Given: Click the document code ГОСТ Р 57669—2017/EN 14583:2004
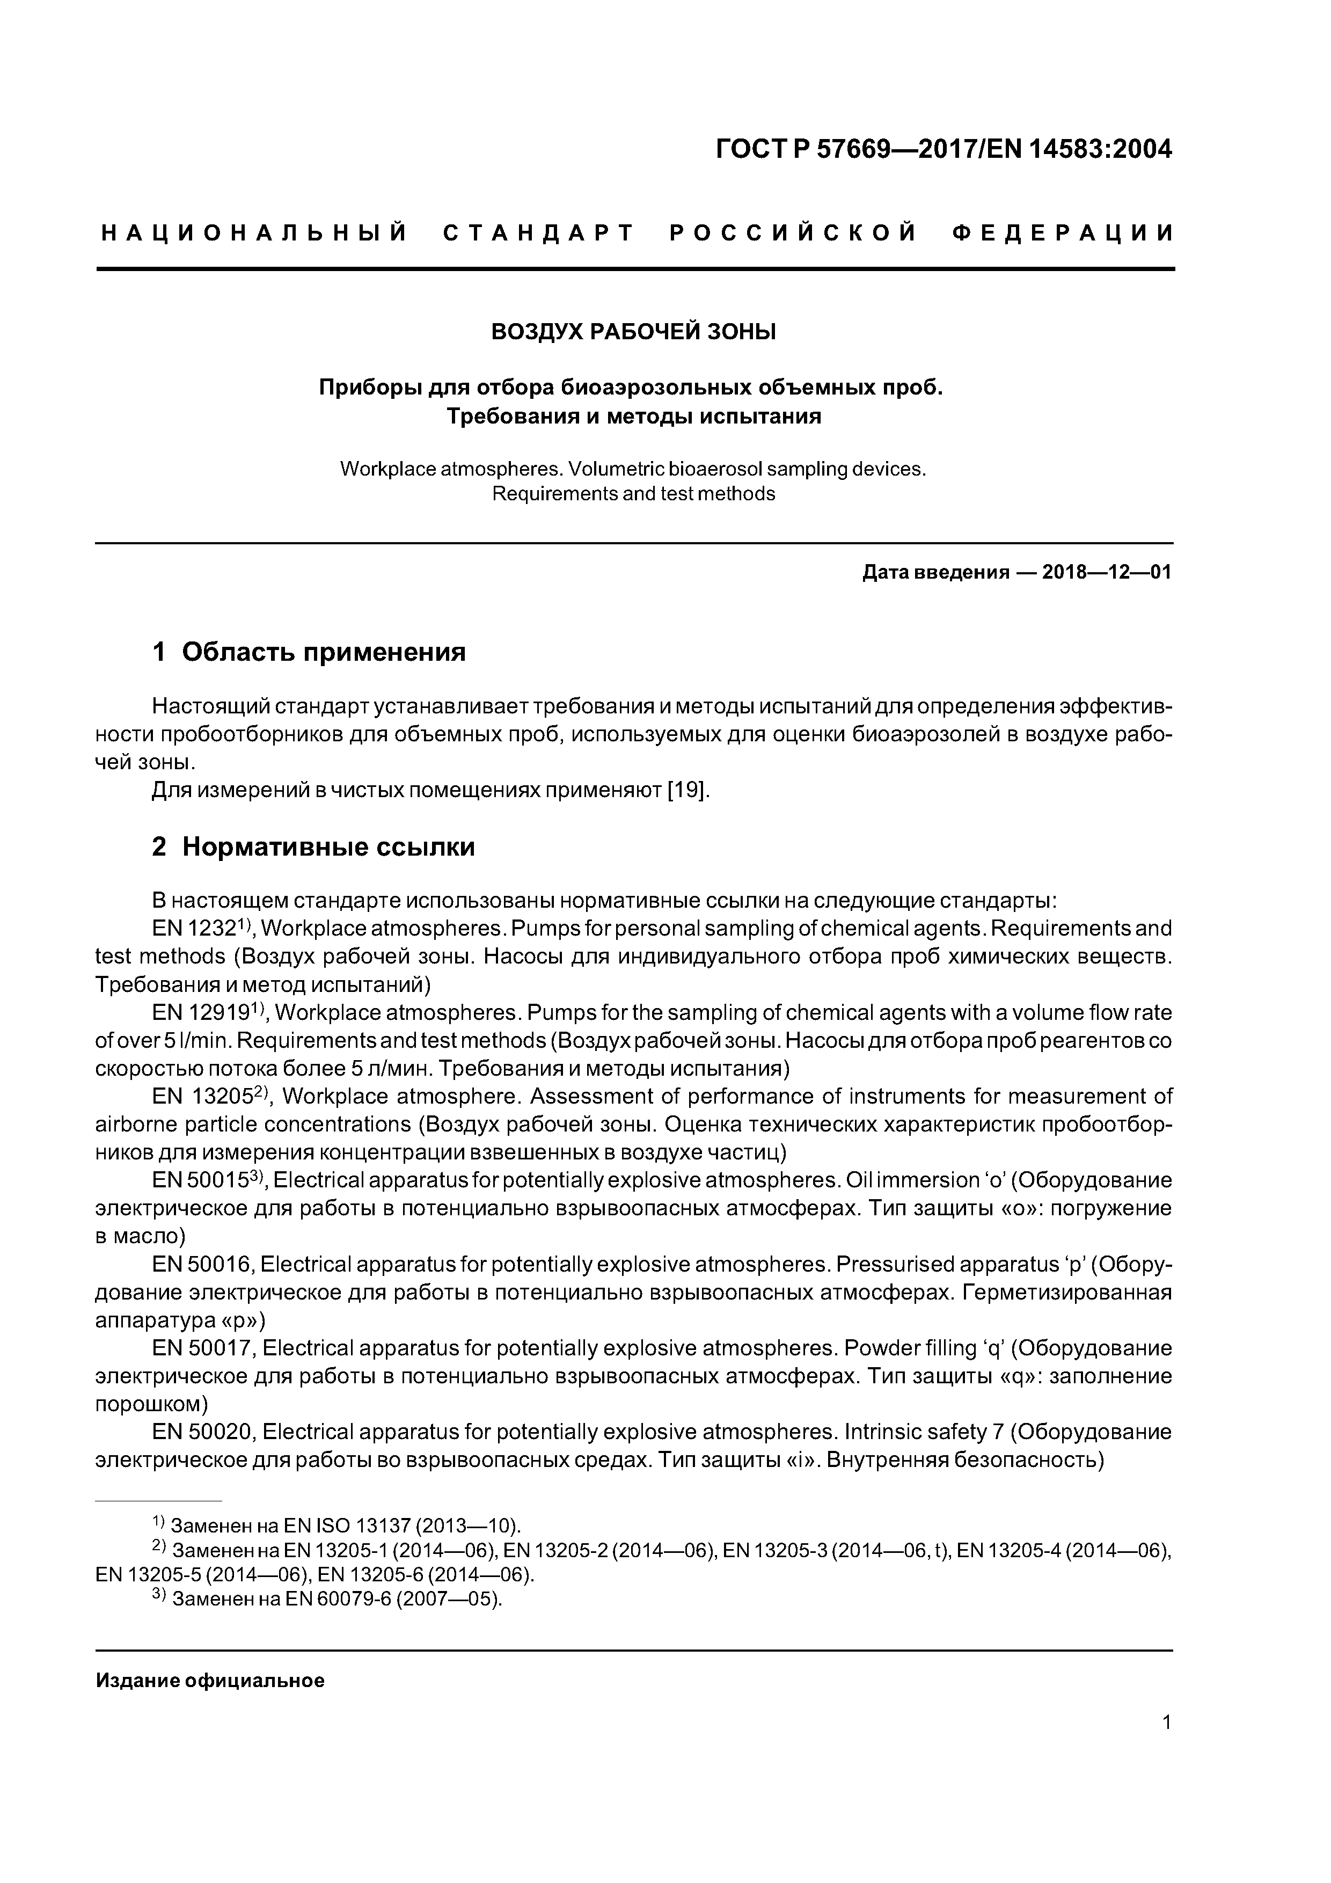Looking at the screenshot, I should click(x=943, y=149).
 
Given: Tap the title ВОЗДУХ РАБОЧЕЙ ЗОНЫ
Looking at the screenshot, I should click(x=633, y=332).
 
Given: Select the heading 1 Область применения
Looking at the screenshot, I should click(x=309, y=652).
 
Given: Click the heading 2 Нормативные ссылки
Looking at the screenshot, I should click(x=313, y=846).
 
